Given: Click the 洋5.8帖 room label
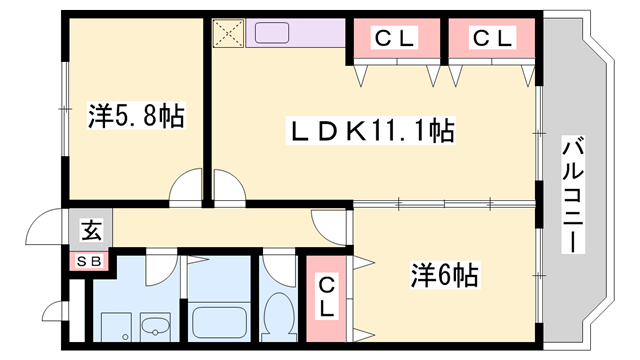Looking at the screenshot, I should coord(136,117).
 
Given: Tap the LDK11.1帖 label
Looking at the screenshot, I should coord(372,129).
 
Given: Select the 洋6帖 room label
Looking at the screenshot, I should coord(444,274).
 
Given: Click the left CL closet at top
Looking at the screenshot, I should coord(393,39).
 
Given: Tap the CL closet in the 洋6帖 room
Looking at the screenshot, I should coord(327,296).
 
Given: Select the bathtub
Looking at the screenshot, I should coord(219,323).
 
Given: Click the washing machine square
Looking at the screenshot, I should coord(114,326).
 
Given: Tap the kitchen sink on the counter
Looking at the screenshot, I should coord(270,33).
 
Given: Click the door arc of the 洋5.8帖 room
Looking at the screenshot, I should coord(187,187).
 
